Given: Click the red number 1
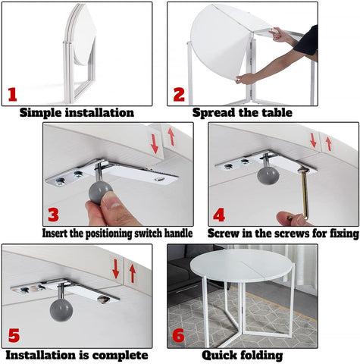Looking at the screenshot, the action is point(12,95).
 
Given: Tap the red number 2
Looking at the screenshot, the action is point(179,95).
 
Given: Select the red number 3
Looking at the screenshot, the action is point(53,215).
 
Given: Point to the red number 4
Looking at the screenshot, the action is point(219,215).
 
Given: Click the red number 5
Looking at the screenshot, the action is point(14,335).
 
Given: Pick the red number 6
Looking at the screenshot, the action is point(178,335).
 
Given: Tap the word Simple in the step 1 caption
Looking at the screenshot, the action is point(41,112).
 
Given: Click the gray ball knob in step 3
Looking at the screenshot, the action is point(100,192).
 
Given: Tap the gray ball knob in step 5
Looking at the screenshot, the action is point(61,310).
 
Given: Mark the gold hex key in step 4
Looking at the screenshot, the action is point(303,193).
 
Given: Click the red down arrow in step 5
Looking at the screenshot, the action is point(116,268).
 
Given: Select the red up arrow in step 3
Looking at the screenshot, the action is point(171,136).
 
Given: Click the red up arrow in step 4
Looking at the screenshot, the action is point(328,143).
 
